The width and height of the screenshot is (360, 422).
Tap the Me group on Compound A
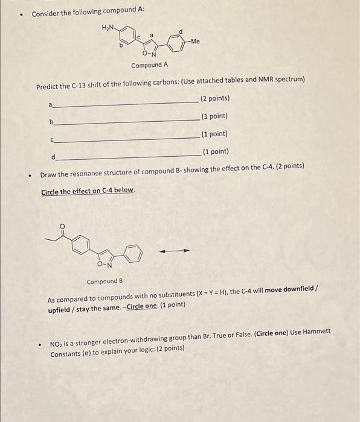coord(194,42)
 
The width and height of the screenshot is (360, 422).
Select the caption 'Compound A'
coord(149,65)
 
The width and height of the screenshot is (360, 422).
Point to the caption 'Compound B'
coord(104,282)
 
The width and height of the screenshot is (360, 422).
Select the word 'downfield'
coord(298,289)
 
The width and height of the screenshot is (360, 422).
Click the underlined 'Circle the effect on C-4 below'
coord(88,192)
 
